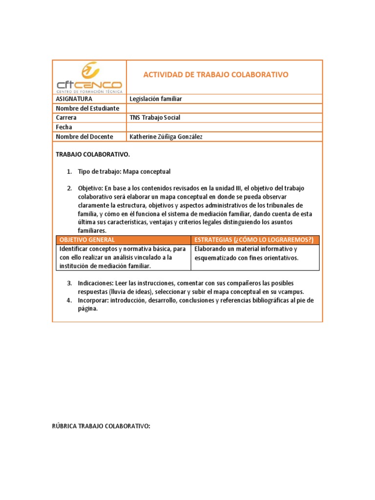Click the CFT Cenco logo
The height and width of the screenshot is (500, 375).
(x=89, y=77)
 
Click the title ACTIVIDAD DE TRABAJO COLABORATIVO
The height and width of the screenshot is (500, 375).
(x=215, y=75)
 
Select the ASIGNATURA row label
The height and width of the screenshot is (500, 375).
(x=74, y=99)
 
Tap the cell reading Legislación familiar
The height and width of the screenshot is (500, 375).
(x=156, y=99)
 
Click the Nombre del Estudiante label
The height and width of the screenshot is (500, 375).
(x=87, y=108)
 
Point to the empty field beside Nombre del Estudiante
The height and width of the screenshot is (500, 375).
(x=224, y=108)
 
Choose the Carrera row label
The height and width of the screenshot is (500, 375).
(x=66, y=118)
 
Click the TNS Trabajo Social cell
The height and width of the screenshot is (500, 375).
(x=155, y=118)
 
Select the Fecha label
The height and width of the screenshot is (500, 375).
(x=64, y=127)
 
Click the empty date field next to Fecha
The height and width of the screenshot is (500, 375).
(x=224, y=127)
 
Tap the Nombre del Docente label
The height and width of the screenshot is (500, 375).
(x=84, y=137)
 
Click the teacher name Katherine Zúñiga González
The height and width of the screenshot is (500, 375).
(x=166, y=137)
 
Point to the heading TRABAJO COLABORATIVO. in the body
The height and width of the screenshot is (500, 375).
(x=93, y=155)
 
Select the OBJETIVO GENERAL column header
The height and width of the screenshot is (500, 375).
(x=87, y=240)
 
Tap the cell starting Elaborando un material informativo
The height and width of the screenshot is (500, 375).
(x=246, y=253)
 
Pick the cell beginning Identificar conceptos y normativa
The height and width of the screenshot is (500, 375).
(x=122, y=257)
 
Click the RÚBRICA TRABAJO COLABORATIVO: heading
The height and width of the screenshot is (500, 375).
(x=101, y=426)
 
